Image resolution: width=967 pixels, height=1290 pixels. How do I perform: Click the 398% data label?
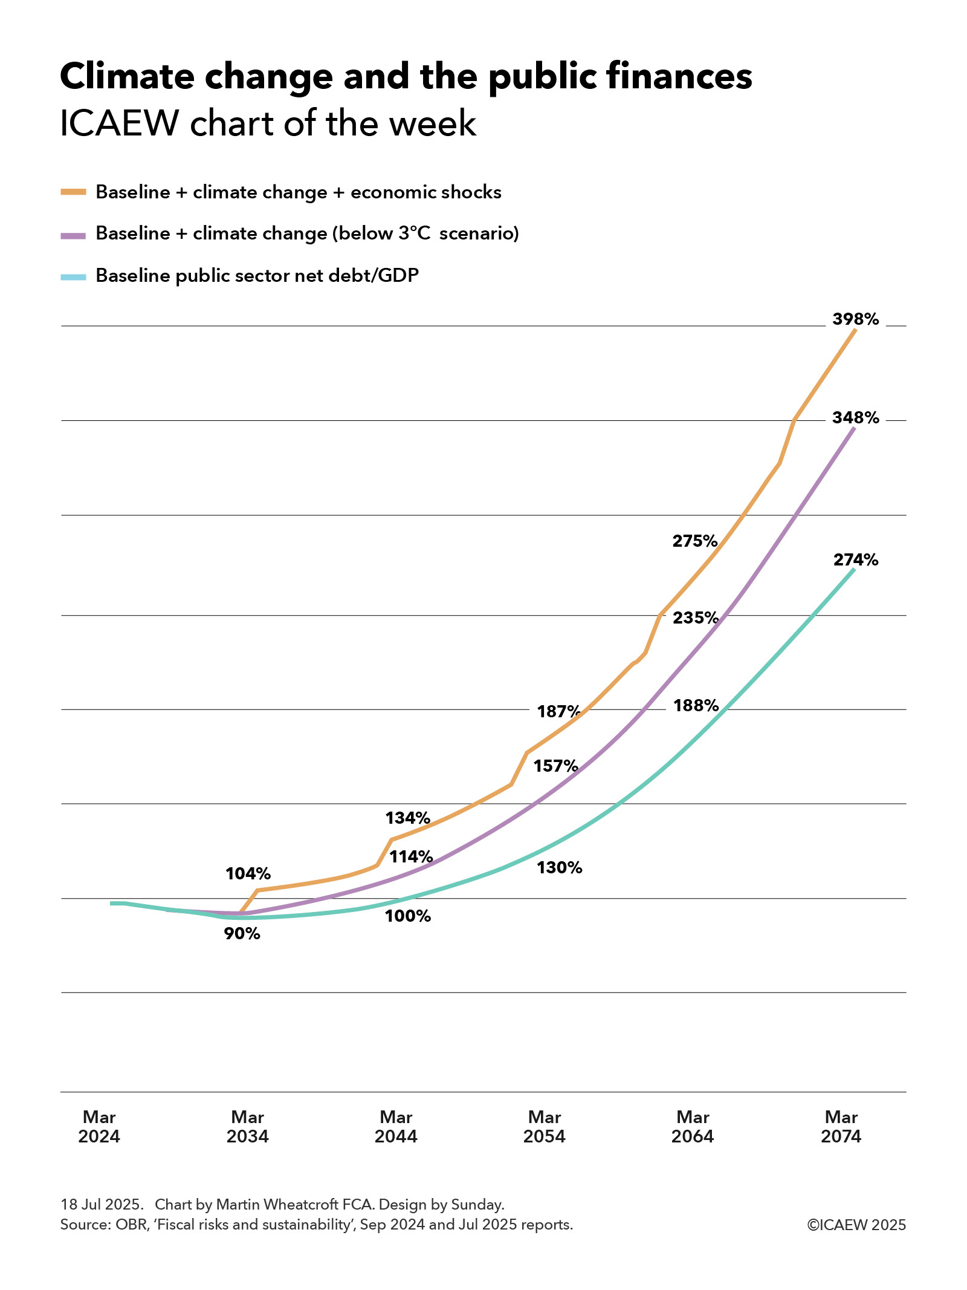pos(855,319)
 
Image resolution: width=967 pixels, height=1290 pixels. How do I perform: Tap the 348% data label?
pos(855,417)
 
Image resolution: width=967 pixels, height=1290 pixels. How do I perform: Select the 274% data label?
pos(855,559)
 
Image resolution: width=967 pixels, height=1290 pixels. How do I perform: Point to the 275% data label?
pos(695,541)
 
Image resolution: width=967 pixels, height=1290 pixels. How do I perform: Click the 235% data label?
pos(696,617)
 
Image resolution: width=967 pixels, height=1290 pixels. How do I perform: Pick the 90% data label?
pos(242,934)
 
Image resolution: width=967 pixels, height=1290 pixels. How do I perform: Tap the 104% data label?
pos(248,873)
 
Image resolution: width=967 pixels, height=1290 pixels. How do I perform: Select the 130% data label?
pos(559,868)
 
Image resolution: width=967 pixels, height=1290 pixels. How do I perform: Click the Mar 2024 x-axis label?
pos(99,1126)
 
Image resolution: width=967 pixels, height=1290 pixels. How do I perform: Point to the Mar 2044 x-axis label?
pos(396,1126)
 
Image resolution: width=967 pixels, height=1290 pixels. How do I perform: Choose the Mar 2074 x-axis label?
pos(841,1126)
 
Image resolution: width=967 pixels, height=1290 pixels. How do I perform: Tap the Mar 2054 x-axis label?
pos(544,1126)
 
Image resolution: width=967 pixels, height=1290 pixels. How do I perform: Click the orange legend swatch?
pos(73,192)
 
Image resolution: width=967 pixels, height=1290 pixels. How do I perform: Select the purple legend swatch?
pos(73,235)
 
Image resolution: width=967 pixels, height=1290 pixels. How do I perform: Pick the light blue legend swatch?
pos(73,277)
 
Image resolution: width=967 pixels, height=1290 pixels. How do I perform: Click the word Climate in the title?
pos(128,77)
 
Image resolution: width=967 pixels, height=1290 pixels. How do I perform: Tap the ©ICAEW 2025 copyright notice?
pos(856,1225)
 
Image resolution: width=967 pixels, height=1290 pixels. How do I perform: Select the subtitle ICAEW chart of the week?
pos(268,123)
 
